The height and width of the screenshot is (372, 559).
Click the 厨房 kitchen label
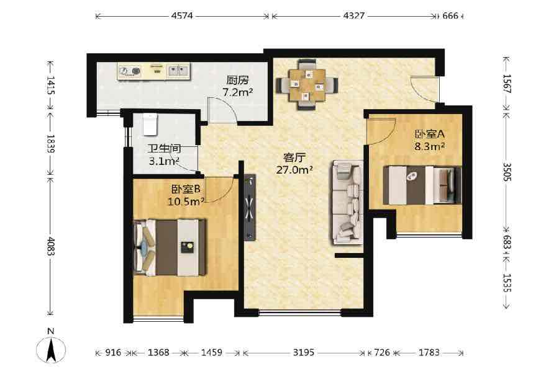(237, 80)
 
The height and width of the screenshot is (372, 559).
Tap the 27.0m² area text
(295, 170)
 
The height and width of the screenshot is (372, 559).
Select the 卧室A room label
(430, 134)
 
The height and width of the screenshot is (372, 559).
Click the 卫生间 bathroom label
(165, 149)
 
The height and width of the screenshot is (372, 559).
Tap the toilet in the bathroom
(150, 124)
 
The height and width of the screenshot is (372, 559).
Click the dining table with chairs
(307, 85)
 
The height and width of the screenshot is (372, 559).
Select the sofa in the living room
(348, 202)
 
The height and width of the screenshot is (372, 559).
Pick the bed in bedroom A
(422, 185)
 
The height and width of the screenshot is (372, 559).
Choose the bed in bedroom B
(170, 247)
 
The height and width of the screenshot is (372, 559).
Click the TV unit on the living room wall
(250, 208)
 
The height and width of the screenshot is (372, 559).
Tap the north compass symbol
(51, 347)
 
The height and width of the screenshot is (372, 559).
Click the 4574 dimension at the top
(182, 15)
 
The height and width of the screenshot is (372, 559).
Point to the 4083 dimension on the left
(51, 246)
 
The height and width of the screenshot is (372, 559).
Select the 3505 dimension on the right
(507, 172)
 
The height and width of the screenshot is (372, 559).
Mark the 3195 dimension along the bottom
(304, 352)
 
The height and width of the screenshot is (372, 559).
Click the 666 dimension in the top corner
(450, 15)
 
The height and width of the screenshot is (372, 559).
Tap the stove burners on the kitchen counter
(130, 71)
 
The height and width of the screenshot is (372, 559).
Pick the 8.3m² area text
(430, 146)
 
